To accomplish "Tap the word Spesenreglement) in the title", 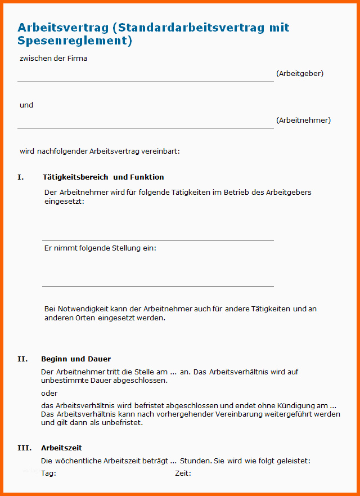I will pyautogui.click(x=75, y=41).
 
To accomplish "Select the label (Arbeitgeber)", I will pyautogui.click(x=300, y=73).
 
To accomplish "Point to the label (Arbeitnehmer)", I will pyautogui.click(x=303, y=120).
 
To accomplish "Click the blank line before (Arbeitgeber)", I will pyautogui.click(x=145, y=81).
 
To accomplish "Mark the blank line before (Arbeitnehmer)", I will pyautogui.click(x=145, y=127).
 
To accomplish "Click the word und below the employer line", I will pyautogui.click(x=26, y=105).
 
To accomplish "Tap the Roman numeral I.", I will pyautogui.click(x=21, y=177).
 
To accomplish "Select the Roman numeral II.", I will pyautogui.click(x=22, y=359).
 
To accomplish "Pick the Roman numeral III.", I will pyautogui.click(x=24, y=448).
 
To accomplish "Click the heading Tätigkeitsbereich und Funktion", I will pyautogui.click(x=103, y=177).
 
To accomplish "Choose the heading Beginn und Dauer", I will pyautogui.click(x=76, y=359).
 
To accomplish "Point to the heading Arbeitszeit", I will pyautogui.click(x=61, y=448).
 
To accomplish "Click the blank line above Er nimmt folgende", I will pyautogui.click(x=157, y=239).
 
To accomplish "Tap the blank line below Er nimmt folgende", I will pyautogui.click(x=157, y=286).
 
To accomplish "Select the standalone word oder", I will pyautogui.click(x=49, y=393).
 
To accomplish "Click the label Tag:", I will pyautogui.click(x=48, y=473).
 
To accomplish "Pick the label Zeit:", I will pyautogui.click(x=183, y=473).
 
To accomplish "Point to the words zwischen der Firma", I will pyautogui.click(x=53, y=58).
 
